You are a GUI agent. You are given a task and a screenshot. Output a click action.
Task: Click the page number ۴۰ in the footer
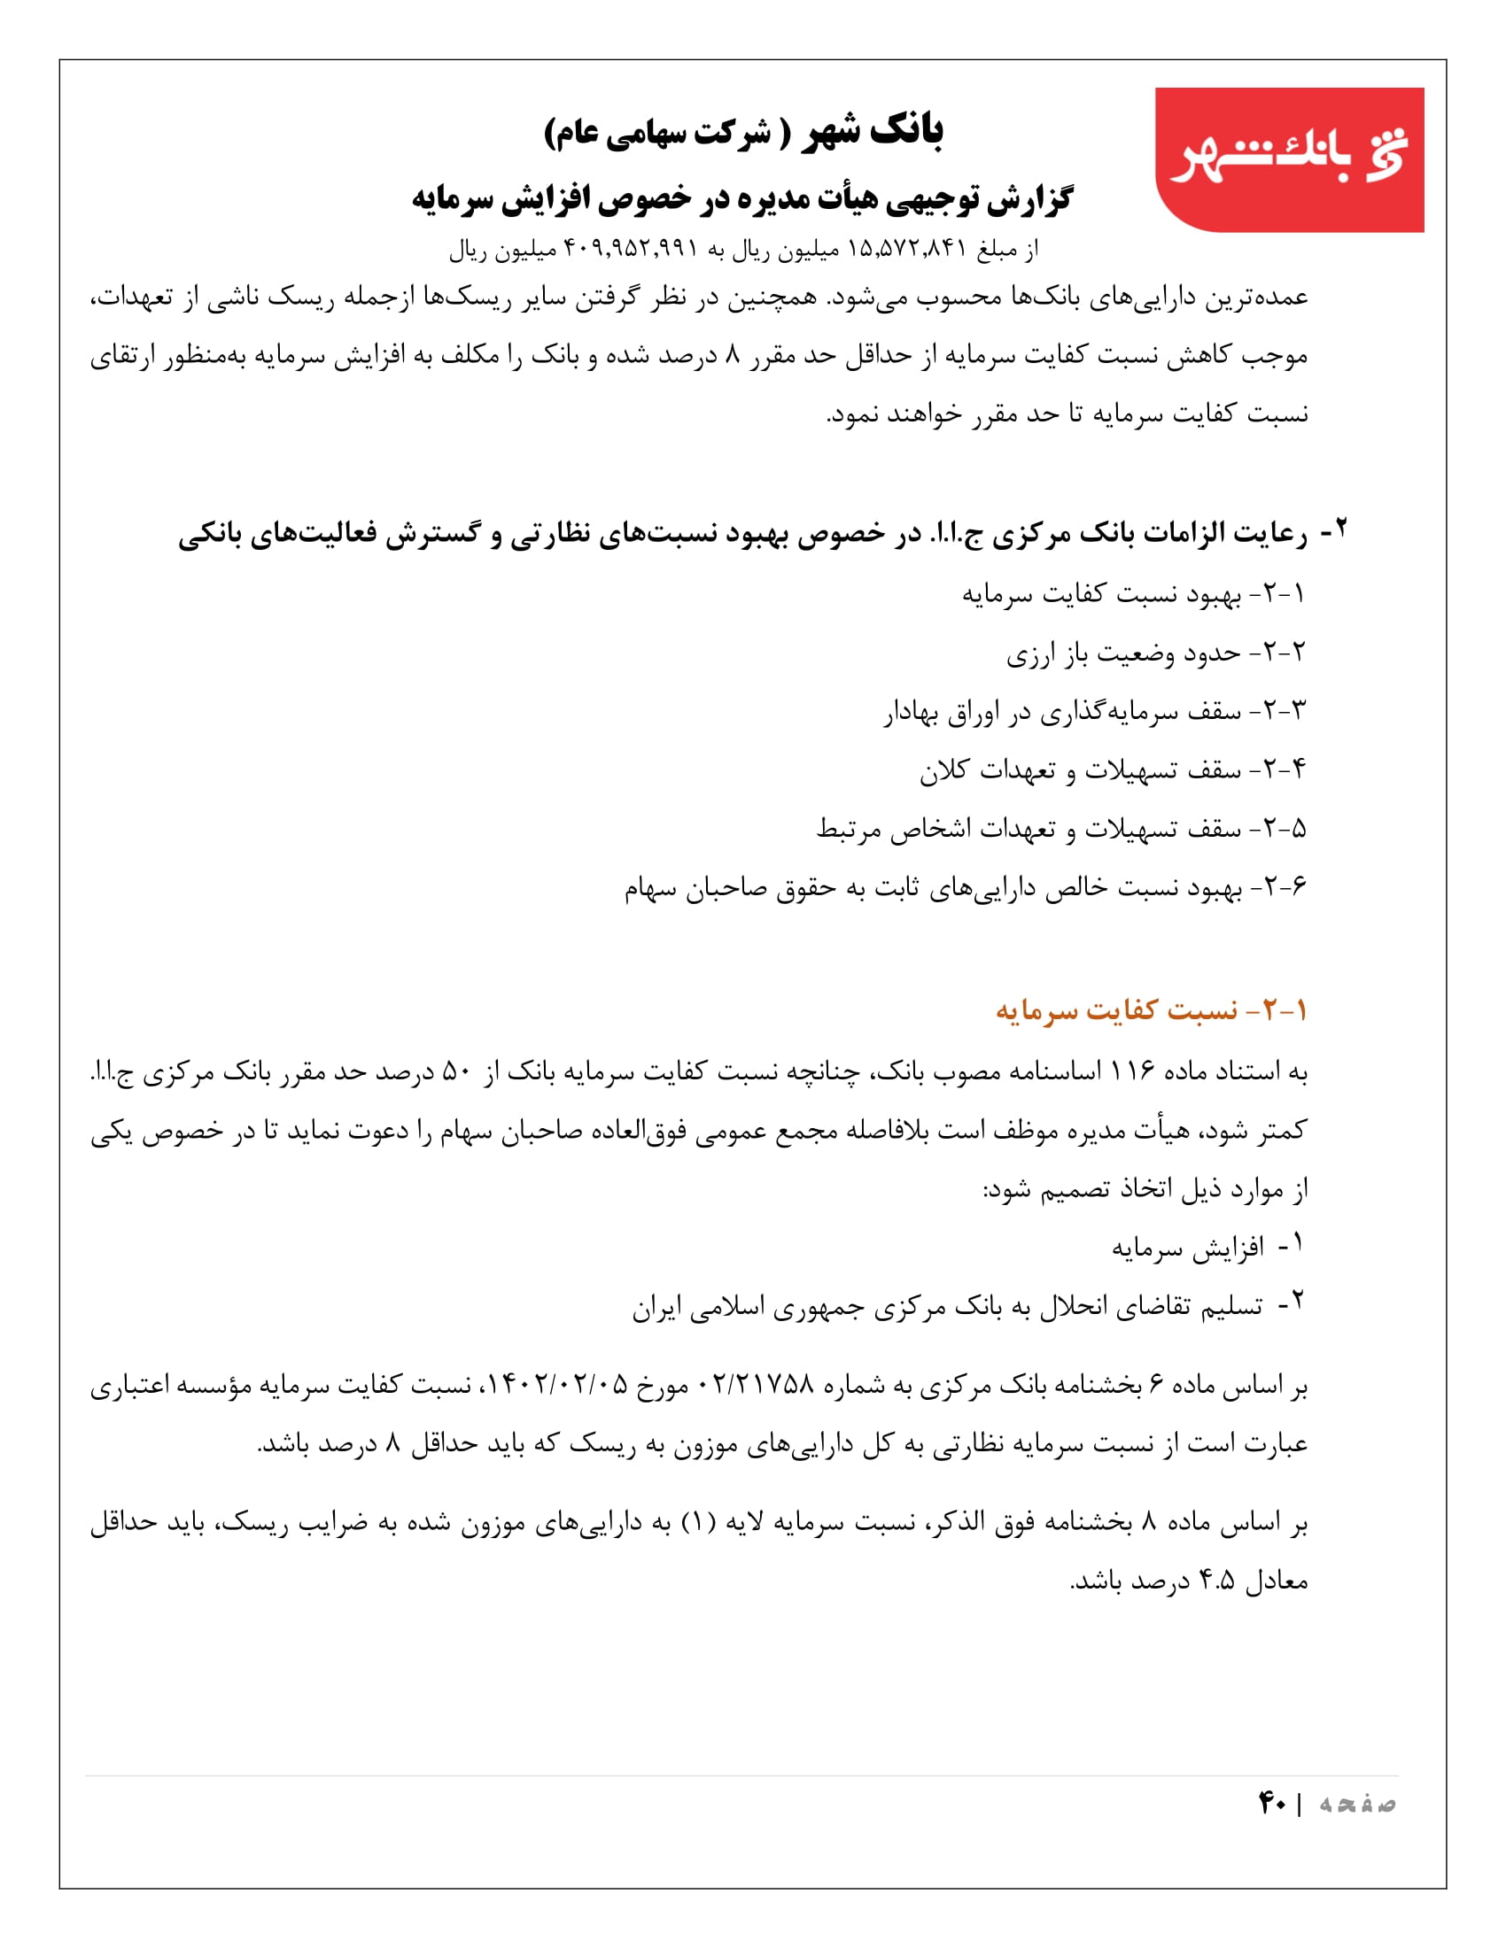(1271, 1804)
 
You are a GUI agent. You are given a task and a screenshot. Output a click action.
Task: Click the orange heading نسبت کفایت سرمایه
(1151, 1010)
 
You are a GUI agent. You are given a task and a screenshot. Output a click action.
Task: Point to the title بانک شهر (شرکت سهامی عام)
(743, 132)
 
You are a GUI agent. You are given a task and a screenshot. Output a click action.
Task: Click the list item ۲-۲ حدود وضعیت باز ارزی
(1155, 653)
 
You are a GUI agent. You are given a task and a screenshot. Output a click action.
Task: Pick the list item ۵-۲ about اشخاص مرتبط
(1060, 829)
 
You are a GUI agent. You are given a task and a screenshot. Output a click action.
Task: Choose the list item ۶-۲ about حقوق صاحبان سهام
(965, 887)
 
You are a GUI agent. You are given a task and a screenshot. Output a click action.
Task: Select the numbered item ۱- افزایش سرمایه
(1207, 1247)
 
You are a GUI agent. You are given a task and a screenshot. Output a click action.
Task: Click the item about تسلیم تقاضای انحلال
(968, 1307)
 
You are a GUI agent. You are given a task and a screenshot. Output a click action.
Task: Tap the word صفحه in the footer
(1358, 1805)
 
